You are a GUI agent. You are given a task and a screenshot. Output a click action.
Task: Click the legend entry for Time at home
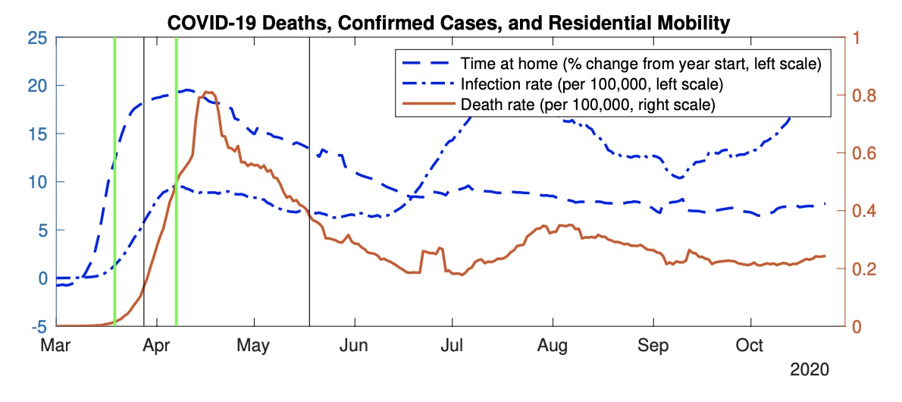pyautogui.click(x=640, y=62)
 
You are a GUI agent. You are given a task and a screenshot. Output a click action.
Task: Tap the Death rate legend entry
pyautogui.click(x=587, y=104)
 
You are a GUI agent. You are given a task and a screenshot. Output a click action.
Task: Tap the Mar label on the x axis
pyautogui.click(x=56, y=345)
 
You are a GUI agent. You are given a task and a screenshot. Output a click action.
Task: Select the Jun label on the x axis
pyautogui.click(x=353, y=345)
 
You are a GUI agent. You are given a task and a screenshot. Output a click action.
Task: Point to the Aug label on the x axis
pyautogui.click(x=553, y=345)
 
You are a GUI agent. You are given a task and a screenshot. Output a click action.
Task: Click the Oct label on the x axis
pyautogui.click(x=751, y=345)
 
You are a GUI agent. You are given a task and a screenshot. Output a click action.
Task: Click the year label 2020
pyautogui.click(x=810, y=371)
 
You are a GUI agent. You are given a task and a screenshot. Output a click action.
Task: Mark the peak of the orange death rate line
pyautogui.click(x=208, y=92)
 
